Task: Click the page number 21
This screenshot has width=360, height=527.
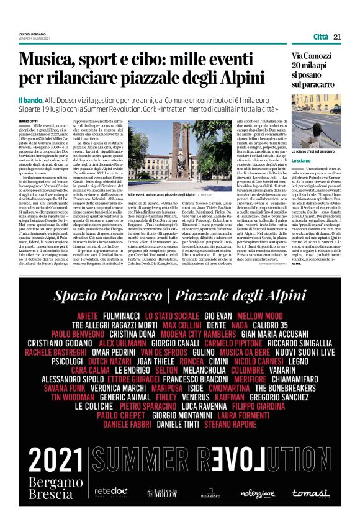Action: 338,37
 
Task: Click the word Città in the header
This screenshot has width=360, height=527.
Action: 320,37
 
